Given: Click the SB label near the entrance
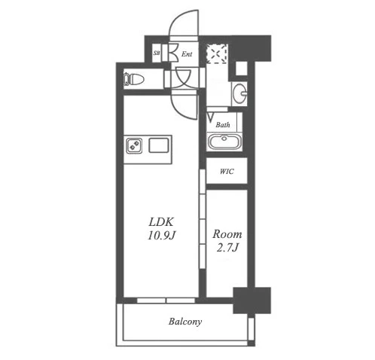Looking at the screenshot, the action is (157, 53).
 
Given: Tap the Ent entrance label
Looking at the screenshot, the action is (187, 54).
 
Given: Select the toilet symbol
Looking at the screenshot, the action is (134, 79).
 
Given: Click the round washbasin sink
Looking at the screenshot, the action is (239, 93).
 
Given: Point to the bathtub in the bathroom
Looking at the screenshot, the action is (224, 142).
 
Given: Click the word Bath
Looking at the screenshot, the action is (223, 125).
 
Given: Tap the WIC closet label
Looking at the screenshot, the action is (227, 172).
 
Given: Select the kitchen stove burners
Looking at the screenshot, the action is (134, 145).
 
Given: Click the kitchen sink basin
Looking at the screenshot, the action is (158, 145).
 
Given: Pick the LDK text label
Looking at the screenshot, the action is (161, 222).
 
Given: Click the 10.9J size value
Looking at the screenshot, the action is (161, 236).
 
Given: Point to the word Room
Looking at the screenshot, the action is (227, 234).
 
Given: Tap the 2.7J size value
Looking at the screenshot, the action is (227, 248).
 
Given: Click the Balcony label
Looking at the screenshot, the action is (185, 322).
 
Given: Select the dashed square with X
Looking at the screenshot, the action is (217, 53).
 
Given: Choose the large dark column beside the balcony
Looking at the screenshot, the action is (252, 301).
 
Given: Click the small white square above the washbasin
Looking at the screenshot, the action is (241, 68).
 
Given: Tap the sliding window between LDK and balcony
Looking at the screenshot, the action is (166, 301).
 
